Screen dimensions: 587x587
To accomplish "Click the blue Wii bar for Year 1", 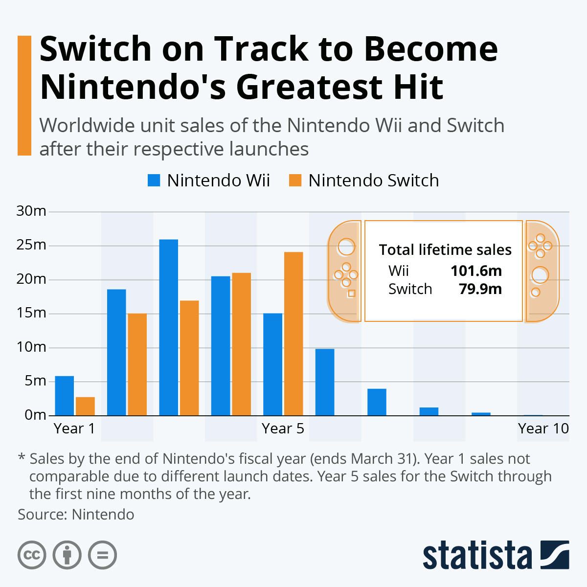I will pos(64,396).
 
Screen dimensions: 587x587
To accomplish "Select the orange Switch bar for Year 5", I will pos(293,334).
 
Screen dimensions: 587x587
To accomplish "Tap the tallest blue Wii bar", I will pos(168,327).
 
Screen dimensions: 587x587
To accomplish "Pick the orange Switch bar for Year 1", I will pos(85,406).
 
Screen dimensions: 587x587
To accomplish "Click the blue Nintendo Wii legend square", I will pos(154,181).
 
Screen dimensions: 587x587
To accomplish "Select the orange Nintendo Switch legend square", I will pos(295,181).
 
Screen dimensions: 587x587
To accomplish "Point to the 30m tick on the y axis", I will pos(31,211).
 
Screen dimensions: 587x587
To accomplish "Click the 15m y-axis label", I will pos(31,313).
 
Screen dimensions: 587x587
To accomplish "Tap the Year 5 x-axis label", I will pos(283,429).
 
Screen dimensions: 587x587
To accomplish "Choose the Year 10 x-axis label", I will pos(543,429).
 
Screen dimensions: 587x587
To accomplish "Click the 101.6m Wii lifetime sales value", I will pos(476,271).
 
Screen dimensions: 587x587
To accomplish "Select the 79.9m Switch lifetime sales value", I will pos(480,289).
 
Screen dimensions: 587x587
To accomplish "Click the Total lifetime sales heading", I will pos(445,250).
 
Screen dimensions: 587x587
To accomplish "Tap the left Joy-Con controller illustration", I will pos(344,271).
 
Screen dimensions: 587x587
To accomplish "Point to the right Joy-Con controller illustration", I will pos(541,271).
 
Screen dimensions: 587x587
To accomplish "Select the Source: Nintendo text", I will pos(76,515).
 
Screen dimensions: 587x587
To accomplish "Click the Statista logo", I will pos(496,555).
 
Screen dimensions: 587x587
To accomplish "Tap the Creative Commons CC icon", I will pos(32,555).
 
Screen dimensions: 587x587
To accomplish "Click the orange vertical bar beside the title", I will pos(24,95).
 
